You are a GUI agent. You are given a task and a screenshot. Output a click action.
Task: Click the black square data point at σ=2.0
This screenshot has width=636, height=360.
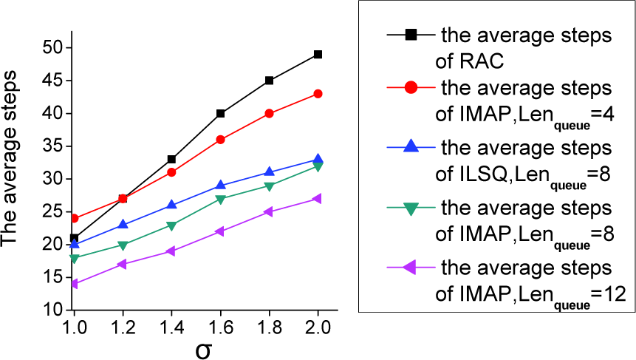tap(318, 55)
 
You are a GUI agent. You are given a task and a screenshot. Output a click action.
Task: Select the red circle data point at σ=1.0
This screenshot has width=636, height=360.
tap(74, 218)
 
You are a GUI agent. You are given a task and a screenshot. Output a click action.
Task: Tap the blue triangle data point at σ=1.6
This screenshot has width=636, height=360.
tap(220, 185)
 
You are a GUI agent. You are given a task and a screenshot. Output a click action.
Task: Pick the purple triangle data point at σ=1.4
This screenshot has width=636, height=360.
tap(171, 251)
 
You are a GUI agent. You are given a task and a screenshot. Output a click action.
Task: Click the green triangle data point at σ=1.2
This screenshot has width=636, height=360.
tap(123, 245)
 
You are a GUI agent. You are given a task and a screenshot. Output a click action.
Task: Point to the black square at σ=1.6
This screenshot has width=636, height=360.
tap(220, 113)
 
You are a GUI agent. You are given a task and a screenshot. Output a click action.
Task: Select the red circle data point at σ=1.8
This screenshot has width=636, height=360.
tap(269, 113)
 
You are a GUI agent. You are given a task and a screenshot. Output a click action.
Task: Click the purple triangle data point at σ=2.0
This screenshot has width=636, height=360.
tap(317, 198)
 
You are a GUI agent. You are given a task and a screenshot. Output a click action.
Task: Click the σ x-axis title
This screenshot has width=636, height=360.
tap(203, 350)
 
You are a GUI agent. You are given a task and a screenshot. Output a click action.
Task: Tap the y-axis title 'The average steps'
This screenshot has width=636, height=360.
tap(10, 158)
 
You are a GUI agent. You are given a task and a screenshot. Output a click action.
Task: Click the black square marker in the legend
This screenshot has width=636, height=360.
tap(411, 35)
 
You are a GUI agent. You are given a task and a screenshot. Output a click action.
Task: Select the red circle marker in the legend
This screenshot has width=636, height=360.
tap(411, 87)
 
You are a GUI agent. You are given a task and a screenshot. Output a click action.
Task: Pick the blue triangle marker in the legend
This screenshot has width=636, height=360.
tap(411, 146)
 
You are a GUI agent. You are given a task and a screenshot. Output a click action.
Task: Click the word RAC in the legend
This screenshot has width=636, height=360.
tap(482, 61)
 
